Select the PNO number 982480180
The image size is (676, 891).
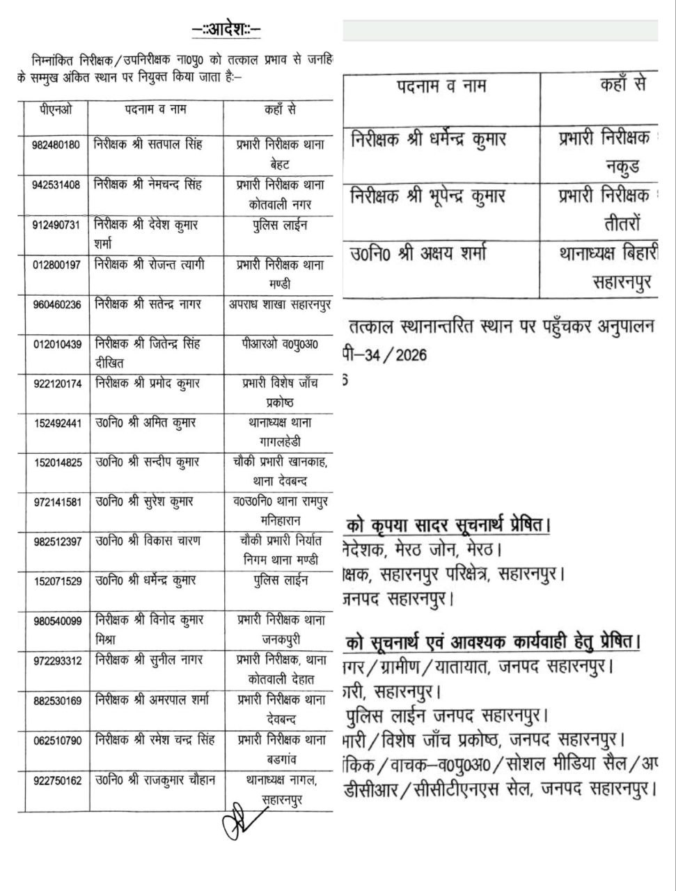tap(56, 145)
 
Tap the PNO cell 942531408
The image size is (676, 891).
tap(56, 185)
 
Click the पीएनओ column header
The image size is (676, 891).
tap(56, 110)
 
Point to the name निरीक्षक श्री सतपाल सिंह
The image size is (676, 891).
tap(148, 145)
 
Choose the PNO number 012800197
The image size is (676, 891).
tap(56, 265)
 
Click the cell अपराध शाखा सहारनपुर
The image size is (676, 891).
tap(279, 304)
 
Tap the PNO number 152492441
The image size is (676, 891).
tap(56, 423)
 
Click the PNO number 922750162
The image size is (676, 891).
tap(56, 781)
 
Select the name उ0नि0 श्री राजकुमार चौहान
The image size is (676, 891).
tap(155, 780)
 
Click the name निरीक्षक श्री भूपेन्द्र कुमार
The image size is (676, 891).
tap(438, 197)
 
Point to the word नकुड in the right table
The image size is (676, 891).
tap(621, 168)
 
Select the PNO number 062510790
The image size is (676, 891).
tap(56, 741)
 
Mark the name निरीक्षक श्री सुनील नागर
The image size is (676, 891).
tap(146, 660)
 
